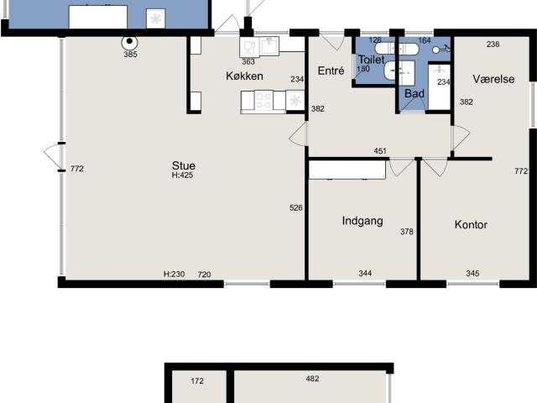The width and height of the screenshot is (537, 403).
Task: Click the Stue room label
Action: click(x=184, y=165)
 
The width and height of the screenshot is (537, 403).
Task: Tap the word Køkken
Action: click(x=244, y=76)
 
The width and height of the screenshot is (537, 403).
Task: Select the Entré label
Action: click(x=331, y=71)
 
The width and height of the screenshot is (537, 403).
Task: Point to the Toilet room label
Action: click(x=371, y=60)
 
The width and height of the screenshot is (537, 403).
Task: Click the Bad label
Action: click(x=414, y=93)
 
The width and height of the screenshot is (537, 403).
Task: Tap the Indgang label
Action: click(x=362, y=222)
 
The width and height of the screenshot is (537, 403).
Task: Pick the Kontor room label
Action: click(x=471, y=225)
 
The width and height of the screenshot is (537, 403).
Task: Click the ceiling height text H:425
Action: click(x=183, y=175)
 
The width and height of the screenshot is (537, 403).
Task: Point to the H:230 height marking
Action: click(x=174, y=275)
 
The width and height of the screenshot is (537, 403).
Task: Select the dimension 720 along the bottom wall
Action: click(x=204, y=275)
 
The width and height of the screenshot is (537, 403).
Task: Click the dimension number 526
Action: click(x=295, y=208)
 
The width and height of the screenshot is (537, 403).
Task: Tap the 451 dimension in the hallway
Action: click(x=380, y=152)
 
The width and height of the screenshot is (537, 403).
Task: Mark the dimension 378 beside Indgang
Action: click(x=406, y=233)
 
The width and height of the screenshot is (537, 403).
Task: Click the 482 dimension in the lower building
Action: click(x=312, y=379)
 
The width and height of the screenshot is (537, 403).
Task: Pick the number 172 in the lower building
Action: click(x=197, y=381)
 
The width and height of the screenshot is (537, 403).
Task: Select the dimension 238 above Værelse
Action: click(x=493, y=44)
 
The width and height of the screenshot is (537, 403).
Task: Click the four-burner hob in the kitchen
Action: click(x=263, y=101)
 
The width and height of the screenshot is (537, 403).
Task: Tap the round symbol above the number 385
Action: click(x=130, y=41)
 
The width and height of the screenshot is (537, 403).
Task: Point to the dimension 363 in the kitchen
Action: click(x=248, y=61)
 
